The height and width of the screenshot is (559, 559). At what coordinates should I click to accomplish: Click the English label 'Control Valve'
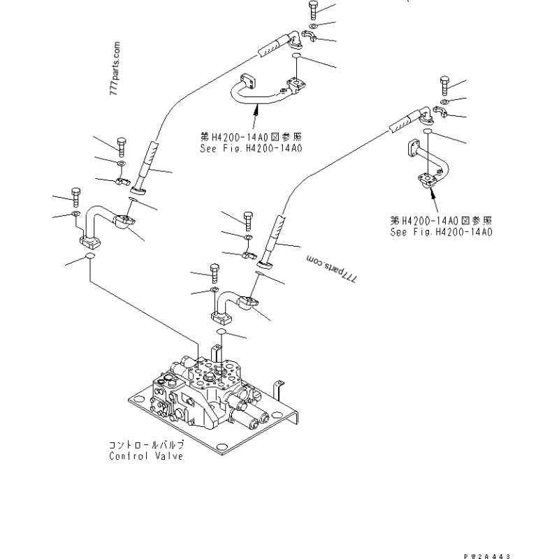click(146, 456)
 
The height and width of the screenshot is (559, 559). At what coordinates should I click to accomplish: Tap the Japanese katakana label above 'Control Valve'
click(147, 445)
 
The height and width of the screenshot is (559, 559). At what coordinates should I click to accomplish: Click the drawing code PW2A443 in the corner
click(487, 556)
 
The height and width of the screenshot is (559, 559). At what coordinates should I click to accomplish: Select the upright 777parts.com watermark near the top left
click(115, 68)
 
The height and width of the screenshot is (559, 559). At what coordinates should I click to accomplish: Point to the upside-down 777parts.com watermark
click(331, 269)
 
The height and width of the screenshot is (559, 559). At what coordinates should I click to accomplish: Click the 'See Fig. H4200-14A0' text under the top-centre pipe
click(251, 148)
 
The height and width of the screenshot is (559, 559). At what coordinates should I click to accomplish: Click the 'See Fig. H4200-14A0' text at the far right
click(441, 232)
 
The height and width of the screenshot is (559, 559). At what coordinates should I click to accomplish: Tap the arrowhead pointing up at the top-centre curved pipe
click(256, 109)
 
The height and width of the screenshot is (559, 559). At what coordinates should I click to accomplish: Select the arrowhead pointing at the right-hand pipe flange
click(432, 193)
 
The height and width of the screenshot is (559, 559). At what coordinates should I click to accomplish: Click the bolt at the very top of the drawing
click(313, 10)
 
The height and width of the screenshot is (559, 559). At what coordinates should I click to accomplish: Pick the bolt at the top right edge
click(444, 85)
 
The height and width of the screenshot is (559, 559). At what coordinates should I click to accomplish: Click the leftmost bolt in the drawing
click(76, 197)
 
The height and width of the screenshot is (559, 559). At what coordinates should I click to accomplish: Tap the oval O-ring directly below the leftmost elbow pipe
click(89, 256)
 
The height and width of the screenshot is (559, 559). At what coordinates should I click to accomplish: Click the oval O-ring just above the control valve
click(222, 332)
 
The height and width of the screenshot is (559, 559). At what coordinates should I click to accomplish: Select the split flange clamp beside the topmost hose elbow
click(309, 36)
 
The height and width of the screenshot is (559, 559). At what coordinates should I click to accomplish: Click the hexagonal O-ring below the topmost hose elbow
click(296, 56)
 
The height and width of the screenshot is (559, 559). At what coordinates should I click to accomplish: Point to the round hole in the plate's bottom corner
click(222, 447)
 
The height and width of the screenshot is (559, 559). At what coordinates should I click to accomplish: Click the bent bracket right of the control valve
click(278, 391)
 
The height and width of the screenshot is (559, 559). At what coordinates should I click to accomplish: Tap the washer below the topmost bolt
click(313, 25)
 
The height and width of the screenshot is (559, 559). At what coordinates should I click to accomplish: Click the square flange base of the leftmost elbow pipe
click(89, 242)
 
